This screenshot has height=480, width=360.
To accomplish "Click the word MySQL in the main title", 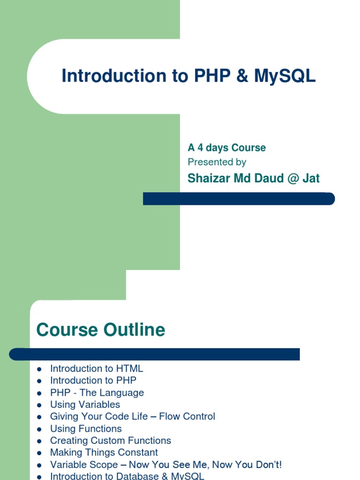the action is point(285,76).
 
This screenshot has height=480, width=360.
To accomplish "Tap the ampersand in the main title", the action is point(242,75).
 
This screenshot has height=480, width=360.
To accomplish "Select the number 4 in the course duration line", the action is point(200,148).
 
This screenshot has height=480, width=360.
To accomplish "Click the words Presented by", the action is point(217,162).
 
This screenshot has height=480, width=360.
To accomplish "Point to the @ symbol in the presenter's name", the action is point(293,179).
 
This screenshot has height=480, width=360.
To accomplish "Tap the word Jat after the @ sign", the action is point(311,178).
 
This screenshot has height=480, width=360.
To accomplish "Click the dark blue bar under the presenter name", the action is point(239,199).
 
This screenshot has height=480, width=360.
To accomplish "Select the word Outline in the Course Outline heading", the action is point(134,330).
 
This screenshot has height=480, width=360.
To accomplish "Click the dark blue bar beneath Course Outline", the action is point(154,354).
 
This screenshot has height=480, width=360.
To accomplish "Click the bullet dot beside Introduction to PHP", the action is point(39,381).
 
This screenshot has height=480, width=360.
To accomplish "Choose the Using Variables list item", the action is point(85,405).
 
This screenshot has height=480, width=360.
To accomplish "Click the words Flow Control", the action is point(187,416).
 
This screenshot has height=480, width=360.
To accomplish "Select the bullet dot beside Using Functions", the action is point(39,429).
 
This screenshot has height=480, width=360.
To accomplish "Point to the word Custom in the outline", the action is point(108,441).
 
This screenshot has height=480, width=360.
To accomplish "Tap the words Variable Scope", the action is point(84,465).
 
